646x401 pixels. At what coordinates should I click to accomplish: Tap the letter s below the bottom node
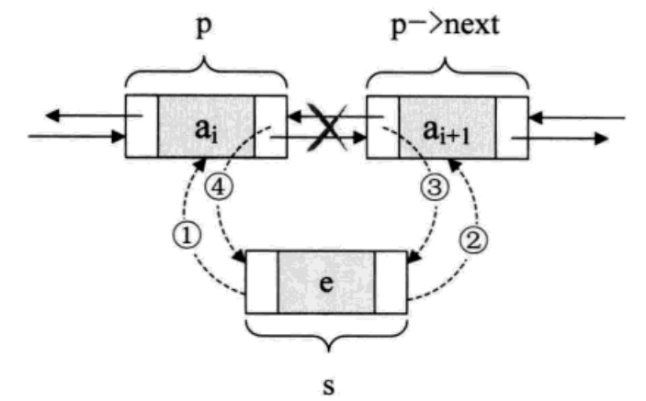[328, 380]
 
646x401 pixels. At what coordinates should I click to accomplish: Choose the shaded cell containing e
[327, 281]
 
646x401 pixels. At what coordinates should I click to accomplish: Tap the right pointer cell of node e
[390, 281]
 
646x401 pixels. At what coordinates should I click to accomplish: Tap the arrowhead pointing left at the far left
[52, 117]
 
